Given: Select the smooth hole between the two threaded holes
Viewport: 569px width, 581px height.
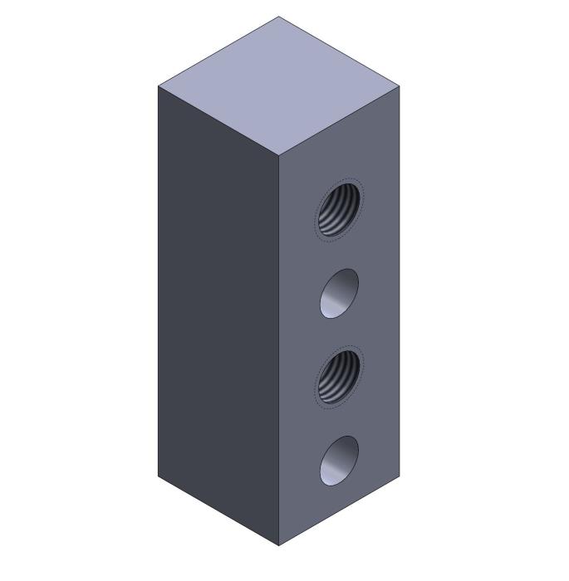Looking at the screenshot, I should [339, 293].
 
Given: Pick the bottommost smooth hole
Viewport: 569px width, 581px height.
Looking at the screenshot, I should [339, 460].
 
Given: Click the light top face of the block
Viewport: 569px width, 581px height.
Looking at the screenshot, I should [278, 85].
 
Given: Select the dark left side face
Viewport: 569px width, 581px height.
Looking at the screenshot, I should [218, 315].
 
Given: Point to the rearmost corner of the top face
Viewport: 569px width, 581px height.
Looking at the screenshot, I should [278, 17].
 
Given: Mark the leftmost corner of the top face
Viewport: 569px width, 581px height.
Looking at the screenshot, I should [158, 85].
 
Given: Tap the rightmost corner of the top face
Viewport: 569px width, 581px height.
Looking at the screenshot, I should [399, 85].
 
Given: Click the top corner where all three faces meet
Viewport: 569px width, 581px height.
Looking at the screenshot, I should [278, 154].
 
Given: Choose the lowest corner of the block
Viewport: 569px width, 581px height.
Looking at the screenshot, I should [278, 545].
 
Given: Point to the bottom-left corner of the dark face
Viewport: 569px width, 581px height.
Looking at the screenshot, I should [158, 476].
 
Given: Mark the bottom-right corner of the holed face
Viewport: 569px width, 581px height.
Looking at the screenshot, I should [399, 476].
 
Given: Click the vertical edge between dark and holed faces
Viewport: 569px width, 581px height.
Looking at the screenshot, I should [278, 349].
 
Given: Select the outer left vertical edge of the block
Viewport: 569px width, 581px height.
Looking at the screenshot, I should [158, 282].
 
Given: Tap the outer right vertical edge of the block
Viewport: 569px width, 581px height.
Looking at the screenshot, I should [399, 282].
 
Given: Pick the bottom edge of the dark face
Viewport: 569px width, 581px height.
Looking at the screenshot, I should [218, 510].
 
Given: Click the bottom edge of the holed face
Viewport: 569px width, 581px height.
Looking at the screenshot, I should [339, 510].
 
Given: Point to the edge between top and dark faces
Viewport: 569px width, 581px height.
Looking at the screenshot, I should [218, 120].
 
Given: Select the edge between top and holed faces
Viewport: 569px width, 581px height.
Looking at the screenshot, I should [339, 120].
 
